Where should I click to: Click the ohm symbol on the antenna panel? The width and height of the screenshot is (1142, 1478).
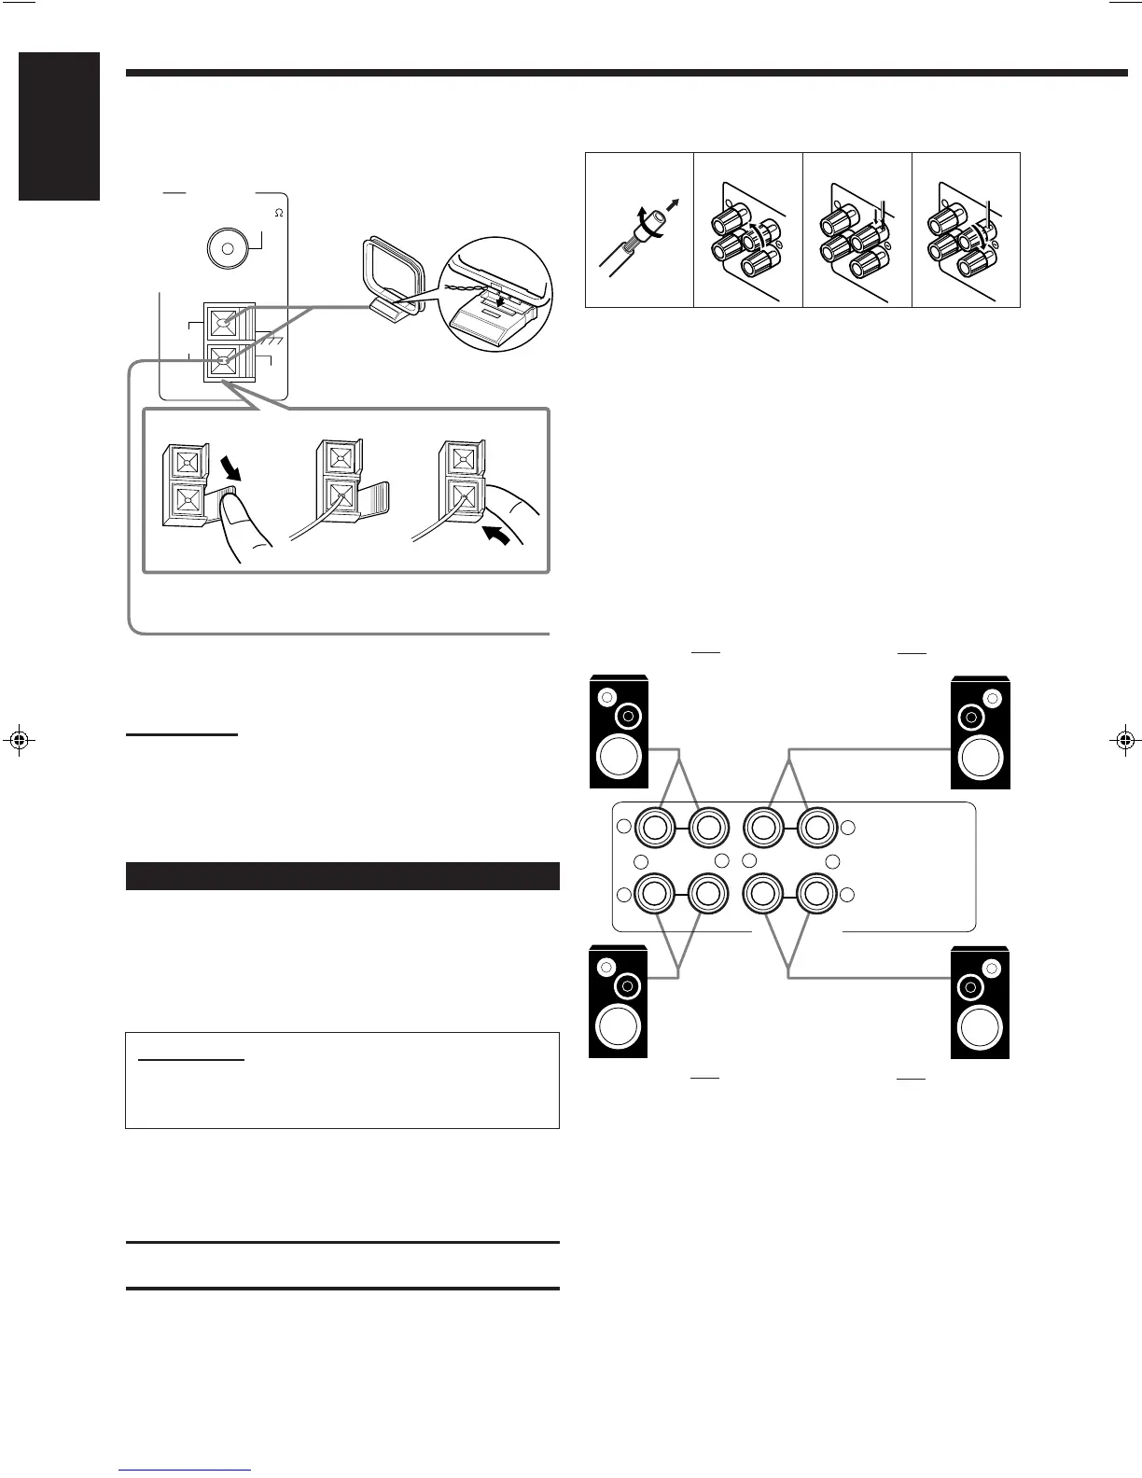278,214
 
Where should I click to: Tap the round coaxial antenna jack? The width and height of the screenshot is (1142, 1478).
225,247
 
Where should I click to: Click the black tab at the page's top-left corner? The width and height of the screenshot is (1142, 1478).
58,126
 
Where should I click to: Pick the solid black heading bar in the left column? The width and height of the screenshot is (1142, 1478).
342,876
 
